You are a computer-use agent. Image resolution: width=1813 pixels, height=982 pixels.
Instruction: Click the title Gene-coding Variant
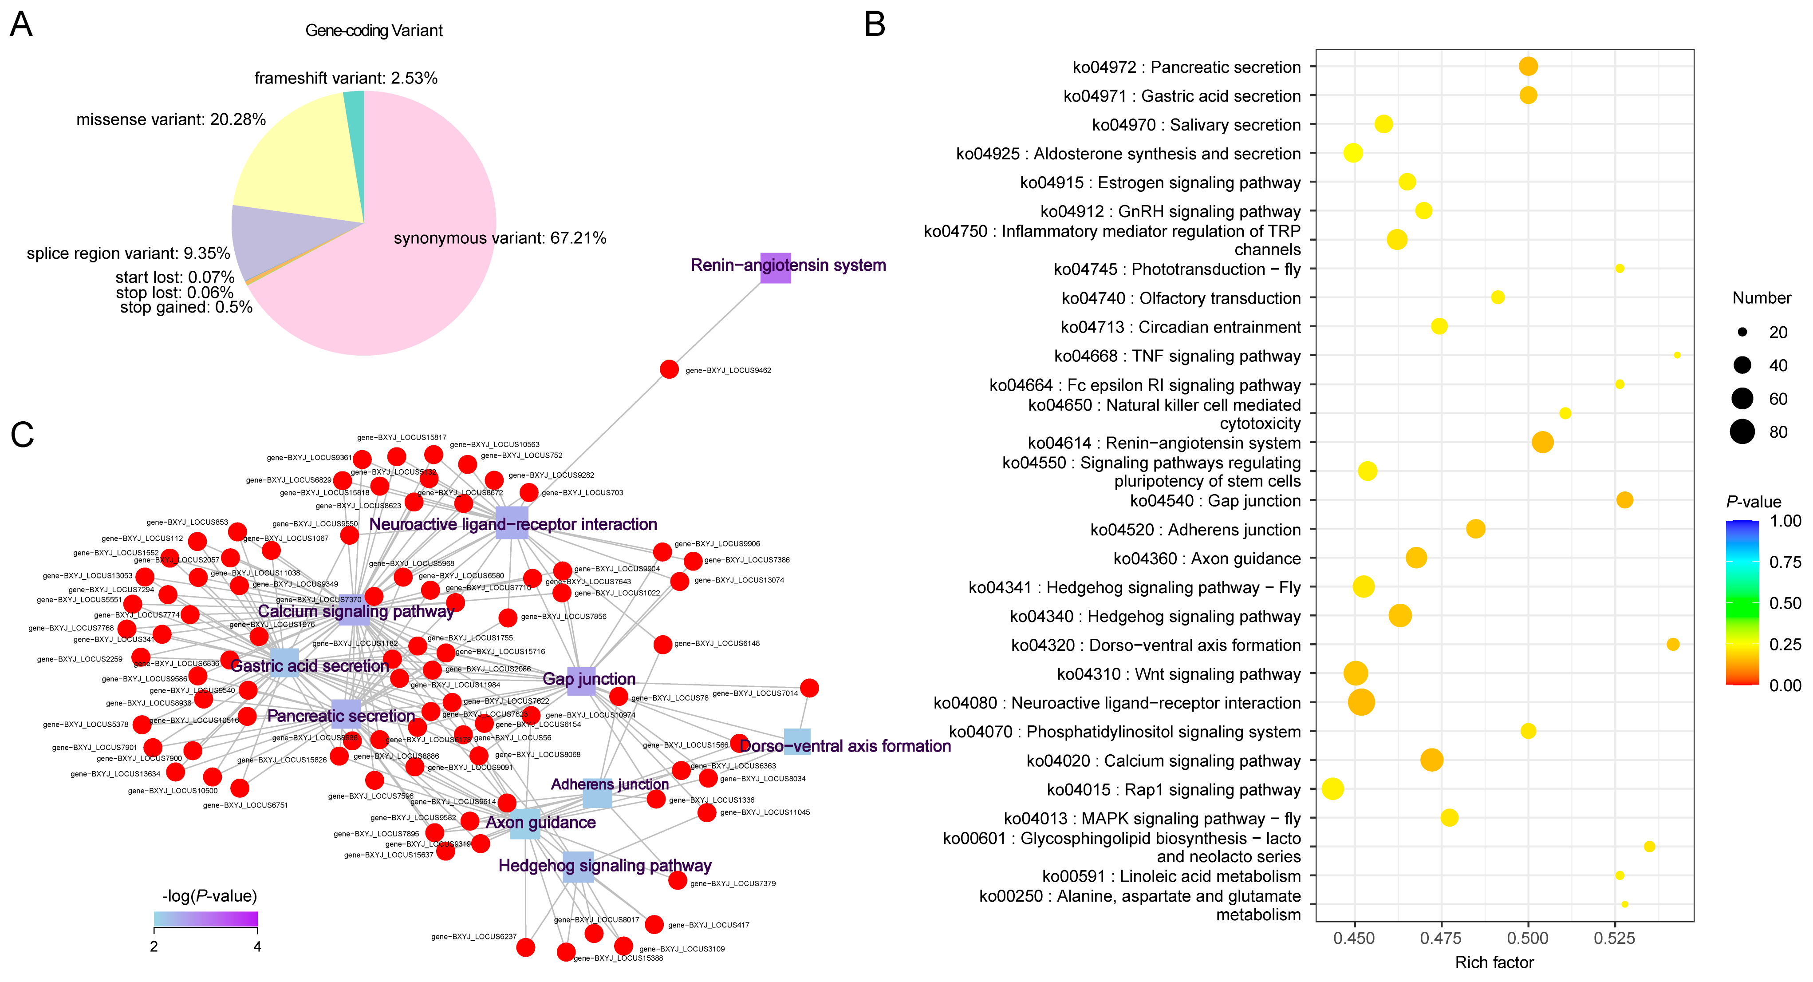click(x=374, y=30)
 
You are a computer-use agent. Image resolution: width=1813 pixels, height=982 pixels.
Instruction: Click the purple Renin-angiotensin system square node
click(x=775, y=268)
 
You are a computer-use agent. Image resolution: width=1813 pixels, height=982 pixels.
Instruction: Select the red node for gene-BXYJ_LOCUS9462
click(x=669, y=369)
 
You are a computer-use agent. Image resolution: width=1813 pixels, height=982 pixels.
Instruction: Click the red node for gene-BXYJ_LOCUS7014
click(x=809, y=688)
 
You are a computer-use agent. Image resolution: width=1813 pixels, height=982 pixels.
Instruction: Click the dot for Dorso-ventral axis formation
click(x=1673, y=644)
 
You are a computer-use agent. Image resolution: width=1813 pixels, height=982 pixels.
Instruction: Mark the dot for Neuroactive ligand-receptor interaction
click(x=1361, y=702)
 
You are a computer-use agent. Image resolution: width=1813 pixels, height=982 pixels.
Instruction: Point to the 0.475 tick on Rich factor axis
click(x=1441, y=938)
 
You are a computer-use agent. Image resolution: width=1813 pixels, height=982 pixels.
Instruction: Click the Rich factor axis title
click(x=1494, y=962)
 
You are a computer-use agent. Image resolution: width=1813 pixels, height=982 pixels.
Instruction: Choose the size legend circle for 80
click(x=1742, y=432)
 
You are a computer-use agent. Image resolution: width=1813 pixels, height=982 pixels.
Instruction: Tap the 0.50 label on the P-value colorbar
click(x=1785, y=603)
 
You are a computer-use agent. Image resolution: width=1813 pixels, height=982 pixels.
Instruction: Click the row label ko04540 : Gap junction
click(x=1215, y=500)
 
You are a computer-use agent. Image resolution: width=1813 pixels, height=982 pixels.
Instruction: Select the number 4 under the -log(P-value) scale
click(x=258, y=947)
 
